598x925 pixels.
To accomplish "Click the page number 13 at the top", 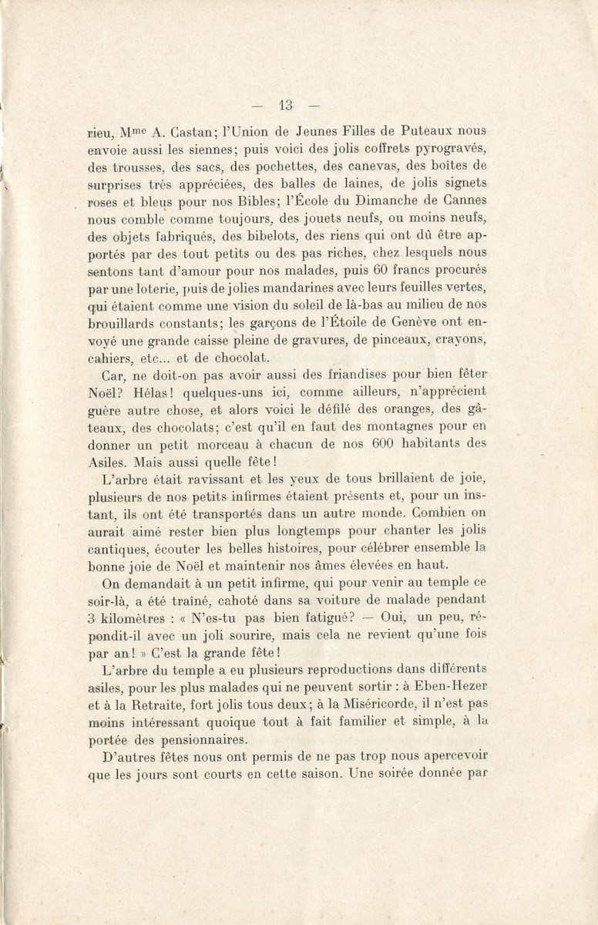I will coord(285,106).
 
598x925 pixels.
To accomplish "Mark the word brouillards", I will coord(125,323).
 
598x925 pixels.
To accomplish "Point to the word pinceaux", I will coord(391,341).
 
